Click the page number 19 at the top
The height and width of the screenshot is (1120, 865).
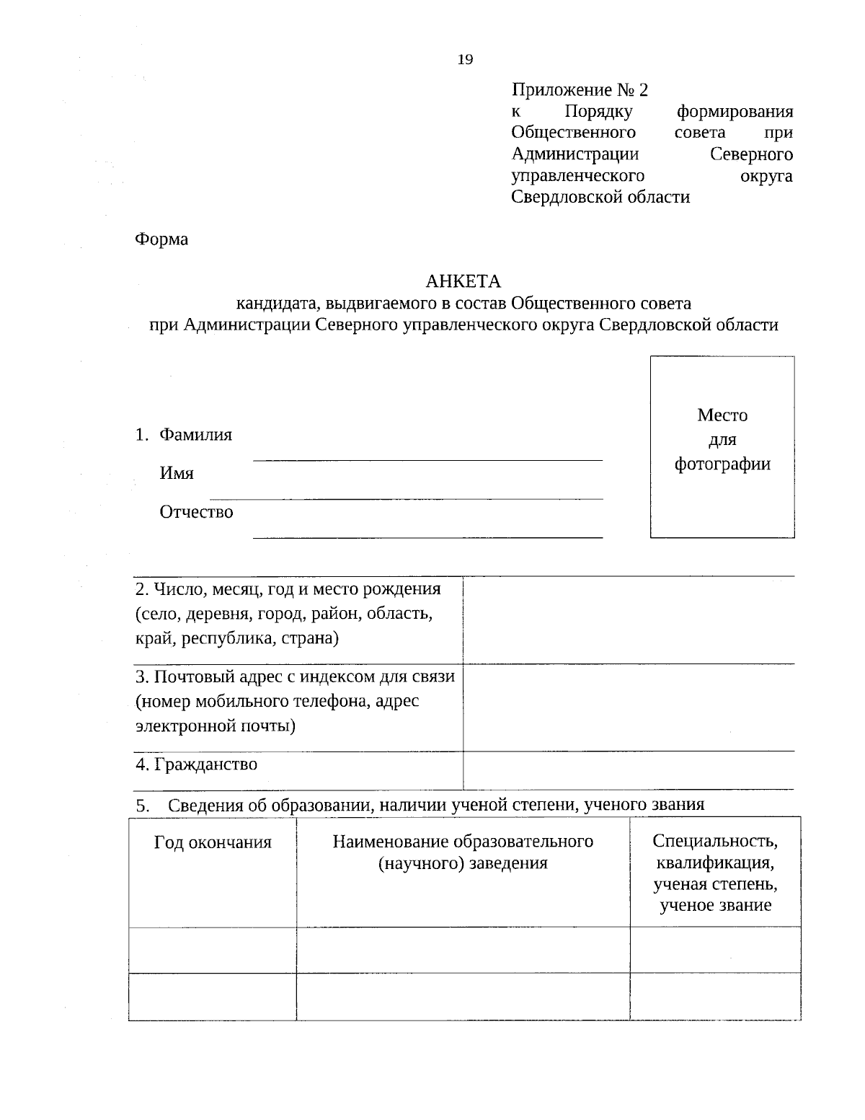[x=465, y=60]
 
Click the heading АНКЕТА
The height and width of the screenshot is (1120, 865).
[x=463, y=281]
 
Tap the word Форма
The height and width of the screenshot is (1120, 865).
[x=161, y=239]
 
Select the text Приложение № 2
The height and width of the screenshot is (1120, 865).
[x=580, y=90]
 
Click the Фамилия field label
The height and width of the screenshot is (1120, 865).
[x=195, y=435]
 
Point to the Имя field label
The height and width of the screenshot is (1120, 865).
[x=177, y=473]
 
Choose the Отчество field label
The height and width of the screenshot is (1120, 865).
[x=196, y=512]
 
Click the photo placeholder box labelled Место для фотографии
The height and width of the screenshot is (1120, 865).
[x=722, y=446]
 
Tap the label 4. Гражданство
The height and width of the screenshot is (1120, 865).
[x=196, y=764]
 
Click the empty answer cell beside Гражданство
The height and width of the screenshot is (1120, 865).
[x=628, y=770]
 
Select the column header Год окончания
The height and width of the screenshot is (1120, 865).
[x=213, y=842]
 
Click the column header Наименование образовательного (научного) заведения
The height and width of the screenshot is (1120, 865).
[x=463, y=852]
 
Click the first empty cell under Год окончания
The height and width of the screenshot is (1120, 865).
[x=213, y=949]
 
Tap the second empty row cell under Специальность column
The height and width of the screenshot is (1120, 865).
[x=715, y=996]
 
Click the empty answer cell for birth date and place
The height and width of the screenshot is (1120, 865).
[x=628, y=619]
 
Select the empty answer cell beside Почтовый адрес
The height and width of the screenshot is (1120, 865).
[x=628, y=707]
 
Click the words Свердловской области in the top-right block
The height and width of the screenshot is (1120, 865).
[x=600, y=197]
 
